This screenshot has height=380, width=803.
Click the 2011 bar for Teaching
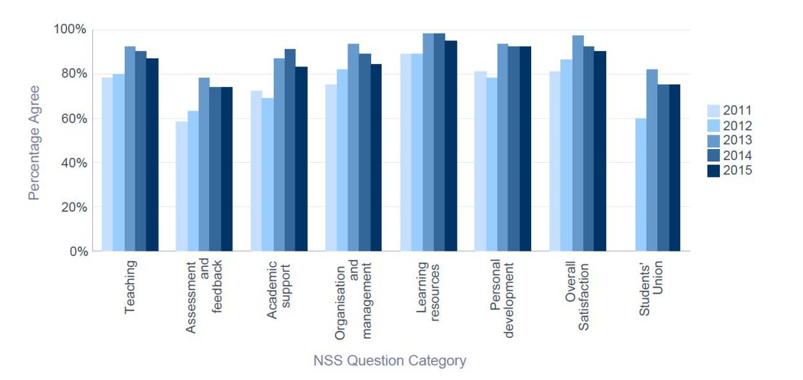(107, 165)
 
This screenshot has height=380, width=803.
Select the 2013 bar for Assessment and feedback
(204, 165)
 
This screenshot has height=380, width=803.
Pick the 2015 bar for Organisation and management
(375, 158)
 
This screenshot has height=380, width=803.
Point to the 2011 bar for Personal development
(480, 161)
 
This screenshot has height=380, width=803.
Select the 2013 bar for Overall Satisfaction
(577, 143)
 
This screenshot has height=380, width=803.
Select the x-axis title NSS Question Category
(390, 361)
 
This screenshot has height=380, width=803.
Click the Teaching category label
(130, 287)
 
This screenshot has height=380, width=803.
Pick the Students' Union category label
(651, 290)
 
